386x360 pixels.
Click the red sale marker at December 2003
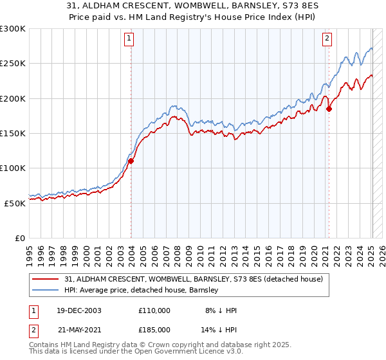[x=131, y=161]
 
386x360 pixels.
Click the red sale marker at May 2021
[x=329, y=109]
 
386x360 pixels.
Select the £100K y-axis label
[x=12, y=168]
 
